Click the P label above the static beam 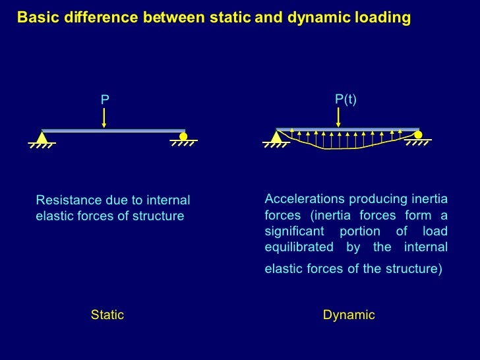tap(104, 100)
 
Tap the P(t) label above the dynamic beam tap(345, 99)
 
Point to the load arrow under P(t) tap(338, 117)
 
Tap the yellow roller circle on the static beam tap(183, 136)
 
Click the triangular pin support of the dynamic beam tap(276, 137)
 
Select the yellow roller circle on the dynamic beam tap(418, 135)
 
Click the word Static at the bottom tap(107, 315)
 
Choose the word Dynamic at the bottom tap(349, 315)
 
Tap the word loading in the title tap(383, 18)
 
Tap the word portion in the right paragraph tap(359, 231)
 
